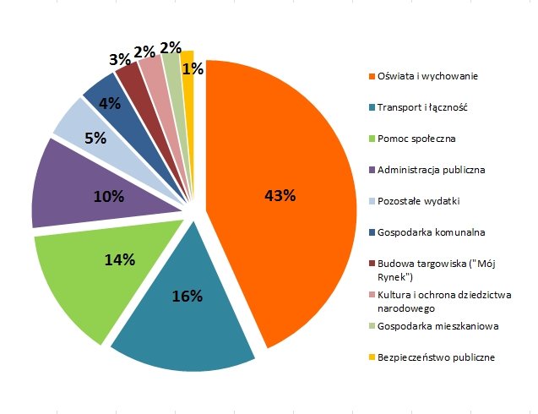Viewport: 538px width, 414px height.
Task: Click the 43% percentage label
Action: click(x=280, y=196)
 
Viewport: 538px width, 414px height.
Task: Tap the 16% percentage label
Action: click(x=188, y=296)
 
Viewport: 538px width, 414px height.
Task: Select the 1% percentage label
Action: click(x=192, y=69)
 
